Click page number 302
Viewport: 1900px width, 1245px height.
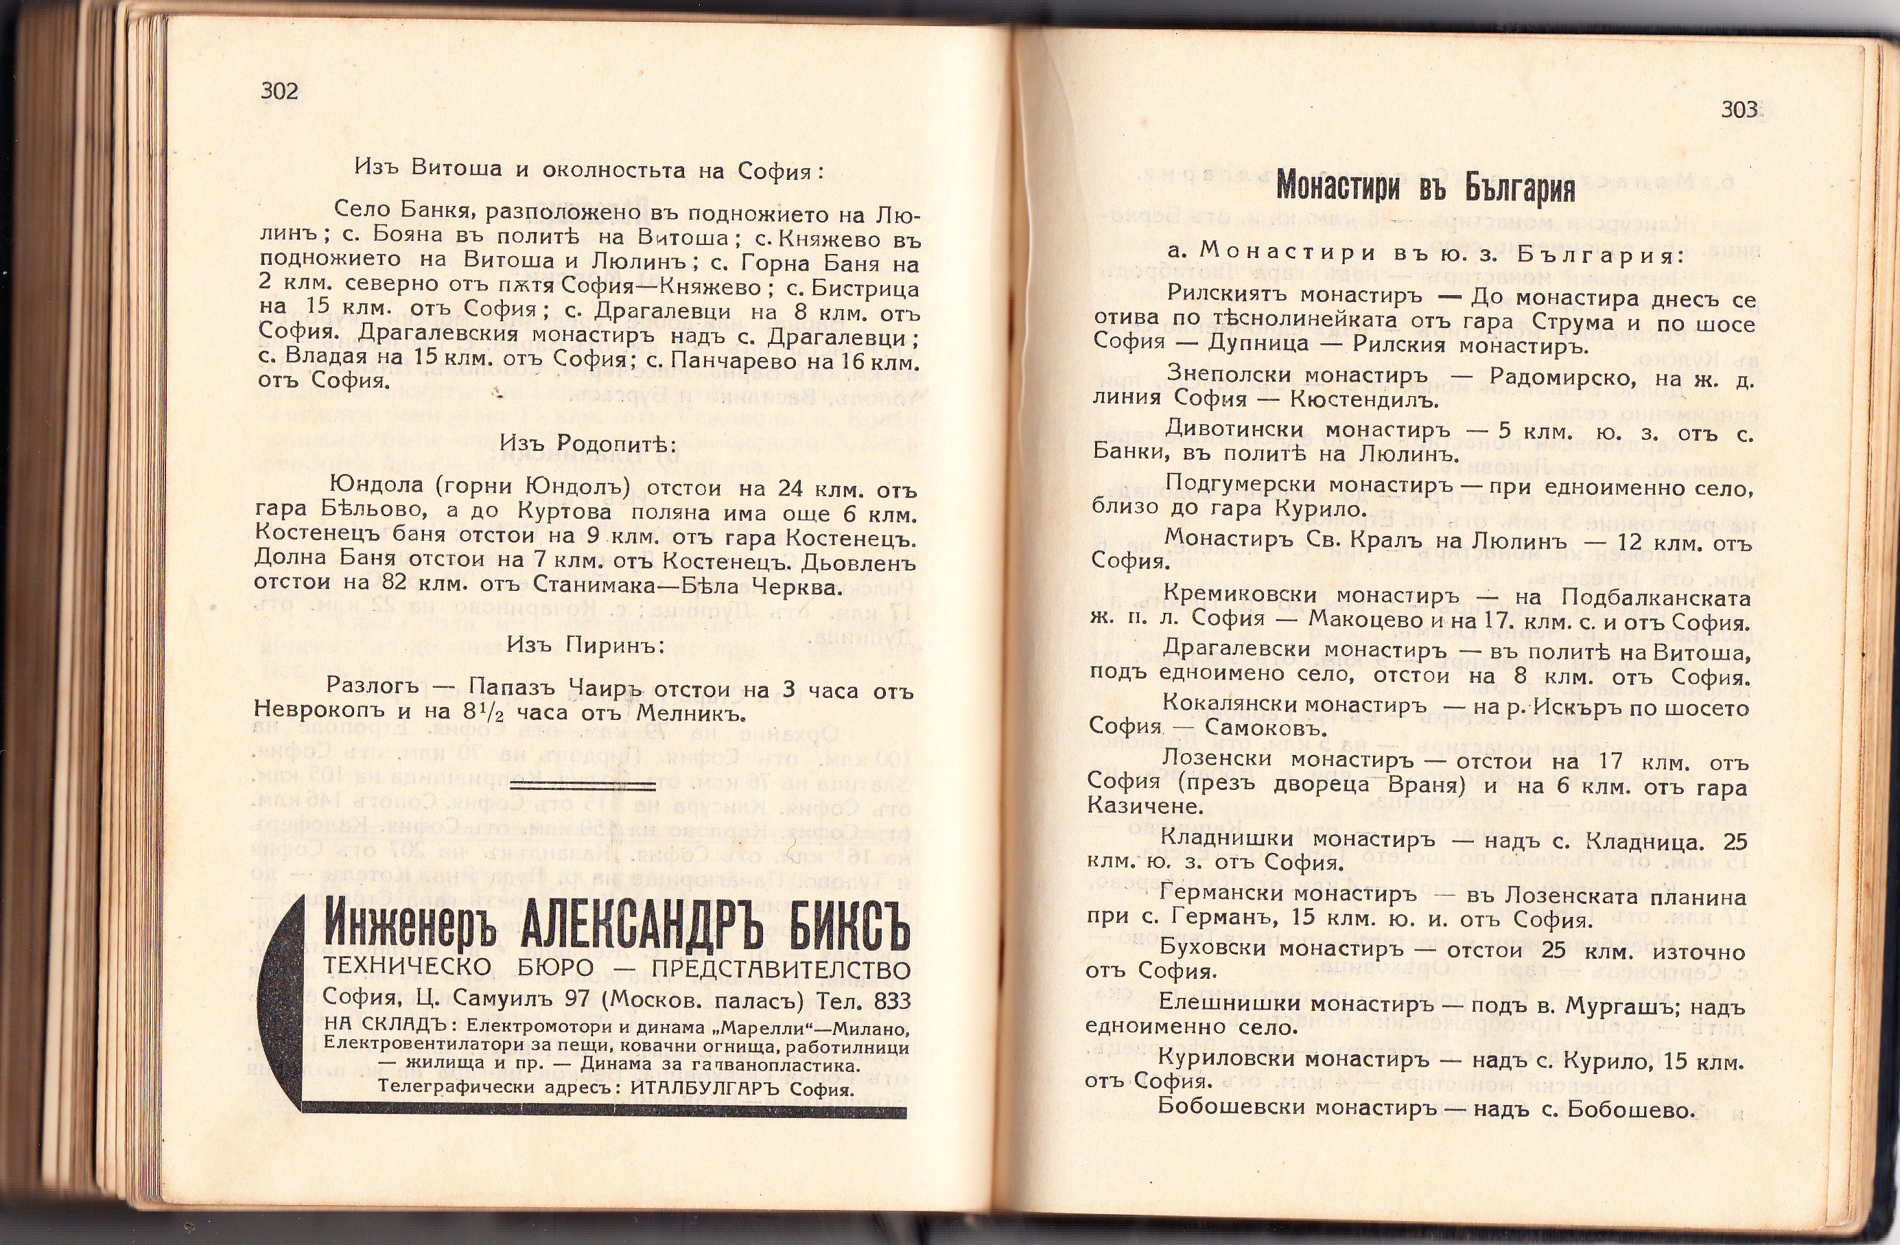pyautogui.click(x=279, y=91)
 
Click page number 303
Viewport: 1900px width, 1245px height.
pyautogui.click(x=1739, y=109)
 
